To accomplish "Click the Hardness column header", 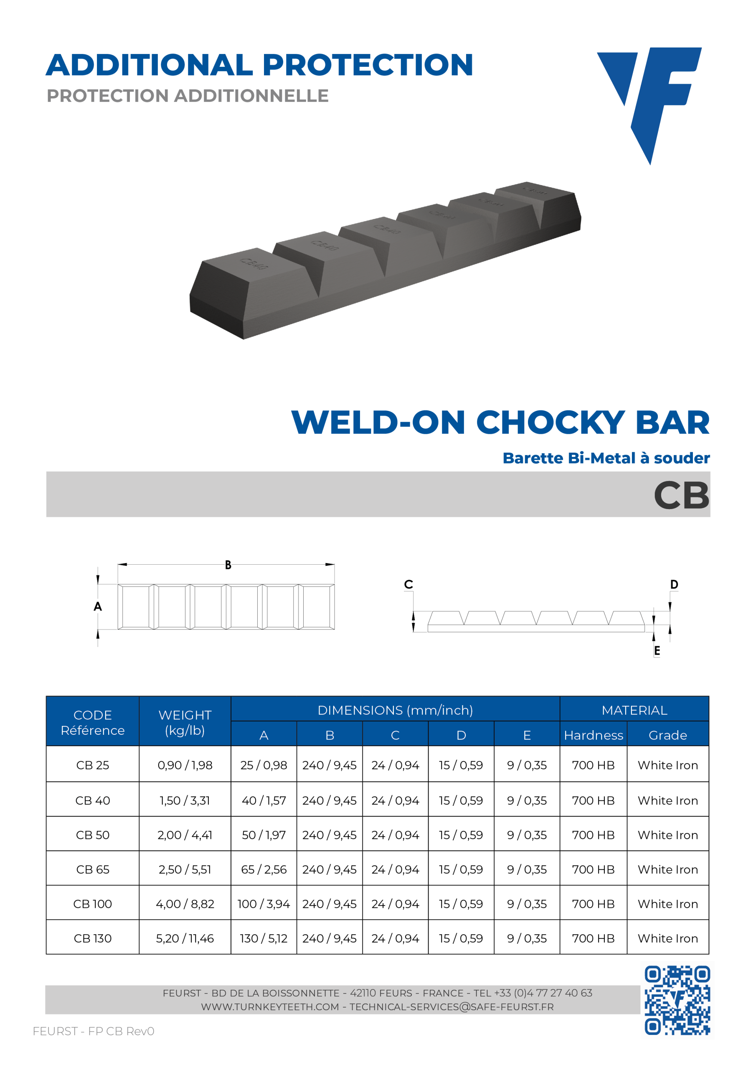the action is [594, 735].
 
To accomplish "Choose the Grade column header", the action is [667, 735].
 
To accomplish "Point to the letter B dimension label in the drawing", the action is [228, 565].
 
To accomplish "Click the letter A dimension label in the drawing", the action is [97, 606].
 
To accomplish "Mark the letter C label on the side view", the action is [408, 584].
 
